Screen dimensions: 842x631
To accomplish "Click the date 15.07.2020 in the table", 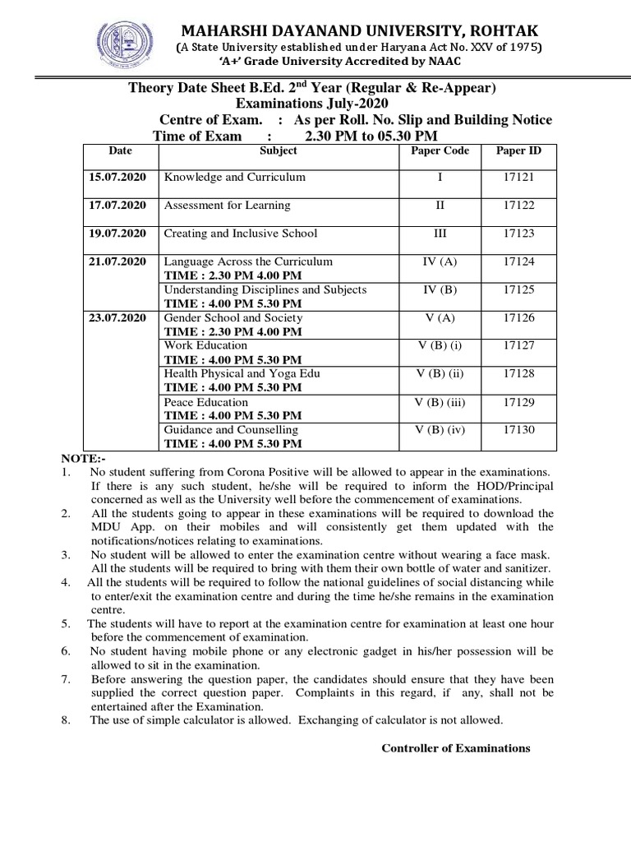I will (x=117, y=178).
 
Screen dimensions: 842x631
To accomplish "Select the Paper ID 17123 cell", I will (x=518, y=234).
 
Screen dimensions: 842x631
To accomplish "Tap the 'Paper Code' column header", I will (x=439, y=151).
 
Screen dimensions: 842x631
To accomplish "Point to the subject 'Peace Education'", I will (x=206, y=402).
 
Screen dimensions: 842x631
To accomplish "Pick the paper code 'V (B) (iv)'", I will (x=439, y=429).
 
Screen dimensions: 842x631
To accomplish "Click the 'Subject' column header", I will (x=278, y=151).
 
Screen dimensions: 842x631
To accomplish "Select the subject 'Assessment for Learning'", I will (x=228, y=206).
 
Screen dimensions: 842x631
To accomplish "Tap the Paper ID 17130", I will (x=518, y=429).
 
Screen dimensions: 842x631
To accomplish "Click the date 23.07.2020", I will (x=117, y=317).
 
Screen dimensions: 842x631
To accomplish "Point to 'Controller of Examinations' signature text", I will (x=456, y=748).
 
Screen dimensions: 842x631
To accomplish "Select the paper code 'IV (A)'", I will (x=439, y=261).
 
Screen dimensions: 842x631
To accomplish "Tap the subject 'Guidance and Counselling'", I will (x=232, y=429).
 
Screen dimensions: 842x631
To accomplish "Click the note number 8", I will (x=66, y=720).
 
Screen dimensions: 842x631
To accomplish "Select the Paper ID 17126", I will (x=518, y=317).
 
